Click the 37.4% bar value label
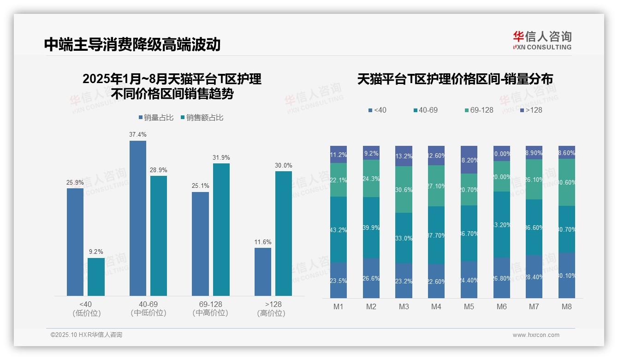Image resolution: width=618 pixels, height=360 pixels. (138, 134)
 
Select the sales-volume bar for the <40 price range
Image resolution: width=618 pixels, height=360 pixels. (75, 242)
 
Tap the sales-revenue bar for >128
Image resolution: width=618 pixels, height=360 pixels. (284, 233)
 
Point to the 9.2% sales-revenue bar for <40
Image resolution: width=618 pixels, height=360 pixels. (96, 276)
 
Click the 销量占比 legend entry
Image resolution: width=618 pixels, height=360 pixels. (156, 118)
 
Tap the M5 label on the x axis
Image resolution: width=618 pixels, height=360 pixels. (469, 306)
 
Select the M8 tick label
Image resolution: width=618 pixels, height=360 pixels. (567, 306)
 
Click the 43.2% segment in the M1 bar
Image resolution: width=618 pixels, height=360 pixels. (339, 229)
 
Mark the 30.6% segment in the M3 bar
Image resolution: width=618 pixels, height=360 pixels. (404, 189)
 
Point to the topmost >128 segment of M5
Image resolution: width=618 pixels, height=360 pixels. (469, 160)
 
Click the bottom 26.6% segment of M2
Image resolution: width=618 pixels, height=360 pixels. (371, 278)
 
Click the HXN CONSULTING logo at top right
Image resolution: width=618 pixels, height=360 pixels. (542, 40)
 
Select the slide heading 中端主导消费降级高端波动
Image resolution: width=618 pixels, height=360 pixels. (132, 44)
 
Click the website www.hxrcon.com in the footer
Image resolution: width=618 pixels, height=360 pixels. (536, 335)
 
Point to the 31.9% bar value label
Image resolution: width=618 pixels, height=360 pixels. (221, 157)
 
